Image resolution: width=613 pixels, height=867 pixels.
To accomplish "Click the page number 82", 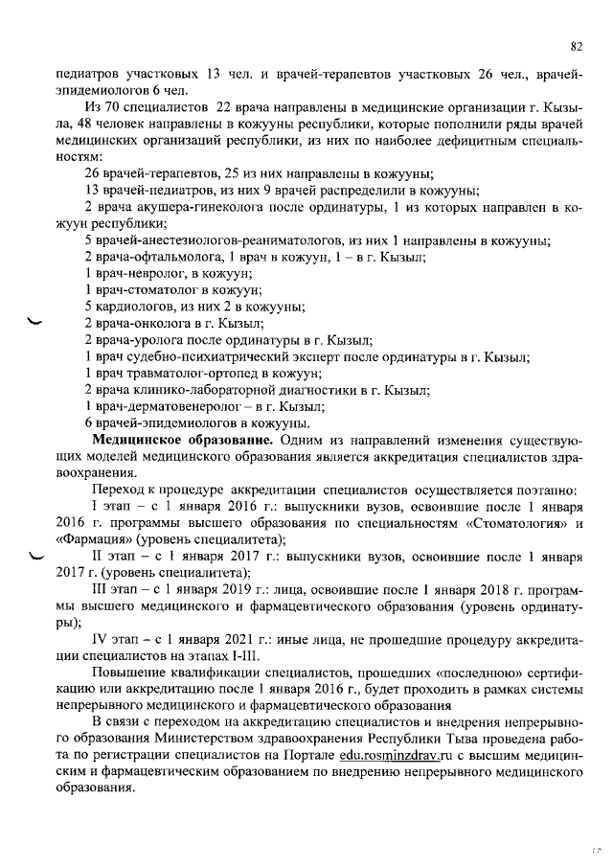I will coord(577,45).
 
